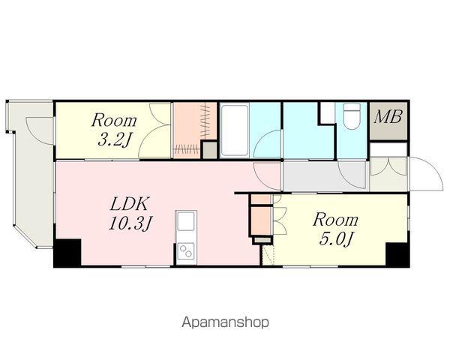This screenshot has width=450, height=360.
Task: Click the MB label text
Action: (388, 117)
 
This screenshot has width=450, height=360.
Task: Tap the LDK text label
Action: (130, 204)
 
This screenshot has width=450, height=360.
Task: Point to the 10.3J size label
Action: (130, 223)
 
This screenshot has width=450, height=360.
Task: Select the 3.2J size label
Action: (114, 140)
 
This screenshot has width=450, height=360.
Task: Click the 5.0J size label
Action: (335, 239)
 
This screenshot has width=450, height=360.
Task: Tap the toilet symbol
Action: (352, 116)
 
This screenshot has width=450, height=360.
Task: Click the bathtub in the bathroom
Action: (234, 130)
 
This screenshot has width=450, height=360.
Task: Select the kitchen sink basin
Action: (186, 221)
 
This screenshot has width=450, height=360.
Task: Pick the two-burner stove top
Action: (186, 251)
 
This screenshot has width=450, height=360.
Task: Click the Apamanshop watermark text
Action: (225, 322)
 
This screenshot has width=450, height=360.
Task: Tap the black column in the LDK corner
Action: (67, 253)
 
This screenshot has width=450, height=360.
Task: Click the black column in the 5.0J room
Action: (397, 255)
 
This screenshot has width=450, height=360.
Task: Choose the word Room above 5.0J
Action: (335, 220)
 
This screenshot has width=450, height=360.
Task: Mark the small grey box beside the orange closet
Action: (210, 150)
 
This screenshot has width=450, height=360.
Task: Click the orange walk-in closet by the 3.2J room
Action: (194, 130)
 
